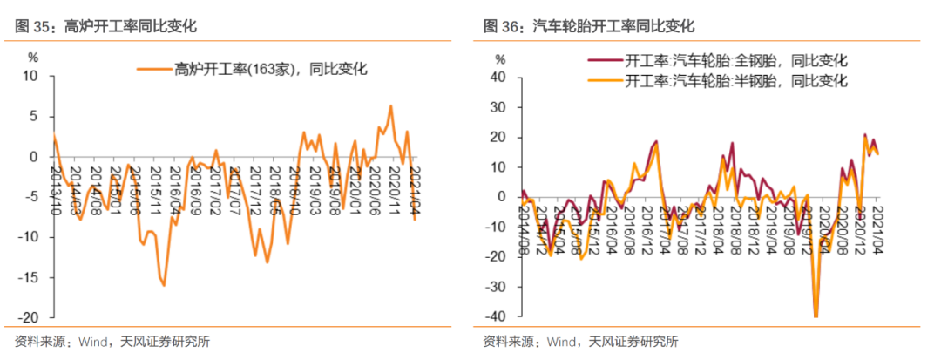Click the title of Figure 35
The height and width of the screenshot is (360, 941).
pos(105,26)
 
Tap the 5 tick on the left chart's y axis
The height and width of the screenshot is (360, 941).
pos(35,116)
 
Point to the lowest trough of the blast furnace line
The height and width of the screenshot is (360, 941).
pos(163,285)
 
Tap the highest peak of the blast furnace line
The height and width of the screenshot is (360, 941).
pos(389,106)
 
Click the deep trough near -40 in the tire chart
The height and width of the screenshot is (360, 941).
pos(816,316)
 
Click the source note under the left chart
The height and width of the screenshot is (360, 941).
pos(112,342)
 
